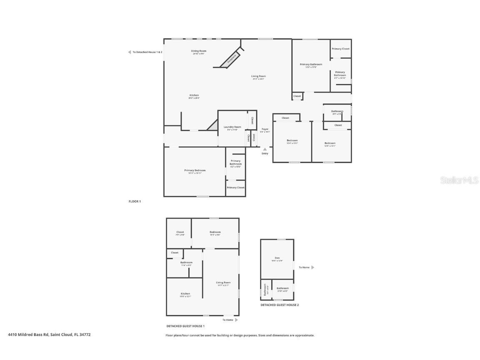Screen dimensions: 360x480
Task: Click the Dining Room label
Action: pyautogui.click(x=199, y=51)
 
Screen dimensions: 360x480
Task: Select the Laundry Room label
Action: pyautogui.click(x=232, y=127)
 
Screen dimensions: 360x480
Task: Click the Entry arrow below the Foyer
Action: pyautogui.click(x=265, y=149)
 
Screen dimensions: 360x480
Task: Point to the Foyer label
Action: pyautogui.click(x=265, y=129)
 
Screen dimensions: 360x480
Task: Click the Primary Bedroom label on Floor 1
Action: pyautogui.click(x=195, y=170)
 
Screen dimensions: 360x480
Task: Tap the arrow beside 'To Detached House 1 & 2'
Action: pyautogui.click(x=129, y=52)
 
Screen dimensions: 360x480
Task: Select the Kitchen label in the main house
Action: pyautogui.click(x=194, y=95)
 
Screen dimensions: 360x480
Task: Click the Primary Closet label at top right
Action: pyautogui.click(x=340, y=49)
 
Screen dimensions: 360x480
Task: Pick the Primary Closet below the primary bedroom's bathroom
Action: pyautogui.click(x=235, y=187)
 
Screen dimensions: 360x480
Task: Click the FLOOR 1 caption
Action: pyautogui.click(x=135, y=201)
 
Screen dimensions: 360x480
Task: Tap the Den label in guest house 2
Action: pyautogui.click(x=277, y=258)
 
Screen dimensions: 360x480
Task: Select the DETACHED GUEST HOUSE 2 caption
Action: pyautogui.click(x=280, y=305)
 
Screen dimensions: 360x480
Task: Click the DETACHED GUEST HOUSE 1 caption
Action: pyautogui.click(x=185, y=326)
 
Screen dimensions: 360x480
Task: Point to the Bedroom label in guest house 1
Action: pyautogui.click(x=215, y=232)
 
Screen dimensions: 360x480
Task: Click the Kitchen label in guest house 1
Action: pyautogui.click(x=185, y=294)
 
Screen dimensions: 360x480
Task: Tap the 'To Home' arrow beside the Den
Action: pyautogui.click(x=313, y=267)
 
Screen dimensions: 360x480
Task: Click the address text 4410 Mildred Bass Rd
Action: pyautogui.click(x=49, y=335)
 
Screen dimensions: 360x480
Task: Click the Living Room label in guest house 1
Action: pyautogui.click(x=223, y=283)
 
